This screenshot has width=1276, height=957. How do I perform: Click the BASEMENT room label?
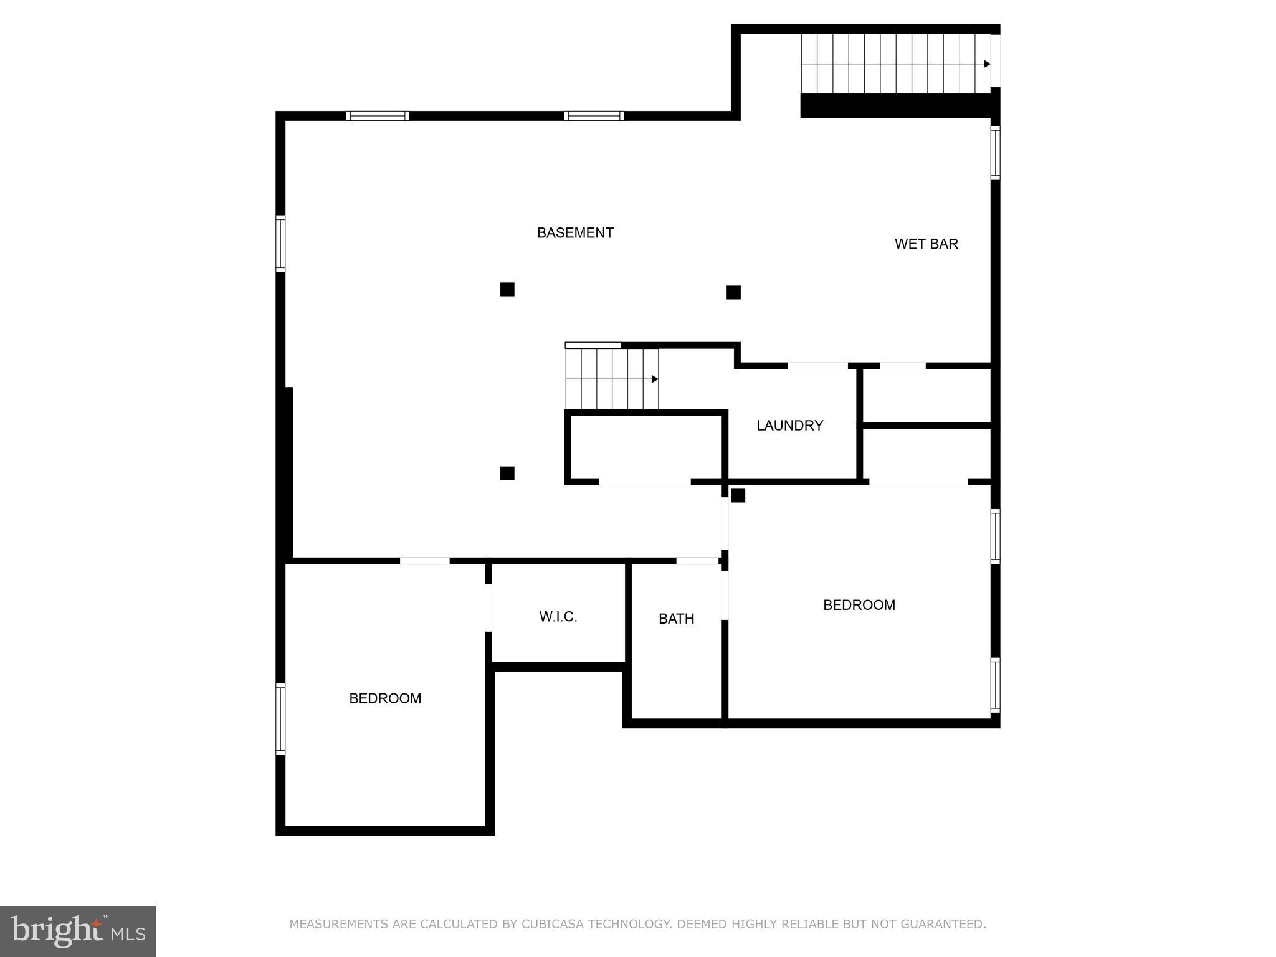[x=575, y=233]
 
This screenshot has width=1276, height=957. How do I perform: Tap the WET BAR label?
[x=926, y=244]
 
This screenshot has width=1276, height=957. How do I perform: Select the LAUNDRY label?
[x=789, y=426]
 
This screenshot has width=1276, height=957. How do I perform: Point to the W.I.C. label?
[x=558, y=617]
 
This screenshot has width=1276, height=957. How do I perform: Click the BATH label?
[x=676, y=619]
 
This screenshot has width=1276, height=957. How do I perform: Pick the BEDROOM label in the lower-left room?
[x=385, y=699]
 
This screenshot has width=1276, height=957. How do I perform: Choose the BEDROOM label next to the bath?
[x=859, y=605]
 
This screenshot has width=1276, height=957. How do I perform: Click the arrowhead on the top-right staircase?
[x=987, y=64]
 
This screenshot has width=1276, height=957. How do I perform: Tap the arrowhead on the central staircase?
[x=655, y=379]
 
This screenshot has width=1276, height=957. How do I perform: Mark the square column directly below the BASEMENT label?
[x=507, y=289]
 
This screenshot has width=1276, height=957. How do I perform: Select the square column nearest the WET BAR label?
[x=733, y=292]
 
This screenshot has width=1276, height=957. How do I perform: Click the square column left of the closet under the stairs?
[x=507, y=473]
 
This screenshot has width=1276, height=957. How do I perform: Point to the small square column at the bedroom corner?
[x=738, y=495]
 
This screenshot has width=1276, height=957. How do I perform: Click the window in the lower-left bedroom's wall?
[x=280, y=719]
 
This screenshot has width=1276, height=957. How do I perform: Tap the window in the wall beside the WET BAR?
[x=995, y=153]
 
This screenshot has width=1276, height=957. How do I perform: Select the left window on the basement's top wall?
[x=378, y=116]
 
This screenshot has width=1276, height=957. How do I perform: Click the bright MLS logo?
[x=78, y=931]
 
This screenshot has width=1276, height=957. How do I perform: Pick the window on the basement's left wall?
[x=280, y=244]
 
